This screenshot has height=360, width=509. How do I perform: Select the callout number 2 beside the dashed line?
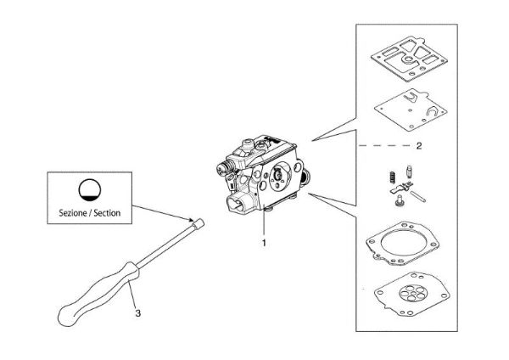(418, 146)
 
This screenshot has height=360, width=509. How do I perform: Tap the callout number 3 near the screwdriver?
(137, 312)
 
